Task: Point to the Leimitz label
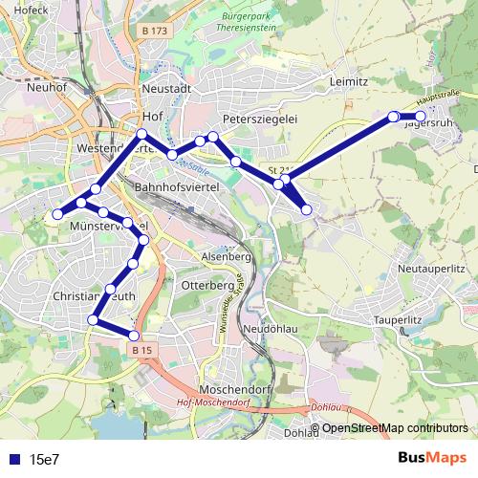349,82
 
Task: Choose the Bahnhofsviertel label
179,187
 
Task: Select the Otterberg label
207,285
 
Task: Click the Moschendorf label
231,389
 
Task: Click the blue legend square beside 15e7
13,459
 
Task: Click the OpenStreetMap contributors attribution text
394,428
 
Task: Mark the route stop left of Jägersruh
393,117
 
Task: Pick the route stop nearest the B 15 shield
135,336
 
